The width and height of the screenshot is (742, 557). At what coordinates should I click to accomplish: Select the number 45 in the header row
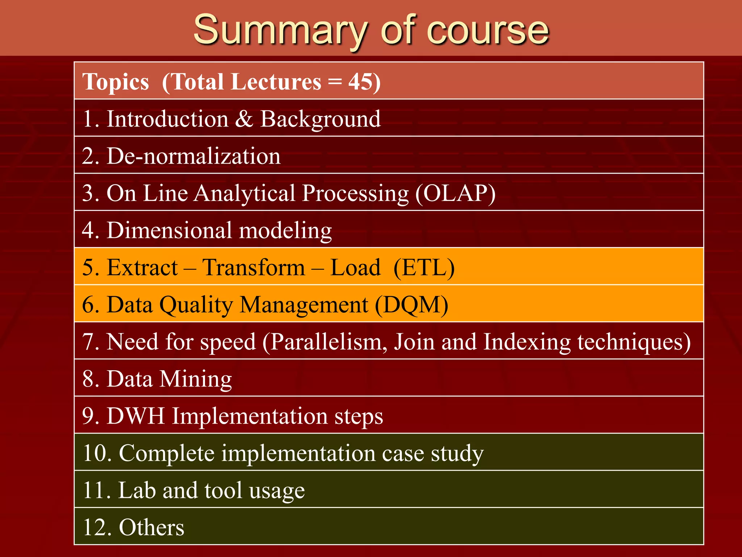(359, 81)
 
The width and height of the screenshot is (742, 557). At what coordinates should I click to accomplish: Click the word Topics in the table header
(116, 82)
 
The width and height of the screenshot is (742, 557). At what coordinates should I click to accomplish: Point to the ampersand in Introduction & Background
(244, 119)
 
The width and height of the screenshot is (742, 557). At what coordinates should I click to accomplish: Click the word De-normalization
(193, 156)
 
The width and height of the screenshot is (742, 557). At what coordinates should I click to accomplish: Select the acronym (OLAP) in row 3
(455, 193)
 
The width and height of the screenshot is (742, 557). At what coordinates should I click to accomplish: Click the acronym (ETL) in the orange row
(424, 268)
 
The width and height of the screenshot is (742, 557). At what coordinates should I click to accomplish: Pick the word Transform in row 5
(254, 268)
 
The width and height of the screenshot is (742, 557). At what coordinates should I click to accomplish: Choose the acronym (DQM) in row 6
(412, 305)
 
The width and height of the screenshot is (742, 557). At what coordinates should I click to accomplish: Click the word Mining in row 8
(196, 379)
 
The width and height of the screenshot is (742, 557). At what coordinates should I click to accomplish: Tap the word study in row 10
(457, 454)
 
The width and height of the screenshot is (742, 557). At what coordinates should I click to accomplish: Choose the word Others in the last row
(151, 528)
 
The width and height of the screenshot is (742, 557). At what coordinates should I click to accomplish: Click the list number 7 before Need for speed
(88, 342)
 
